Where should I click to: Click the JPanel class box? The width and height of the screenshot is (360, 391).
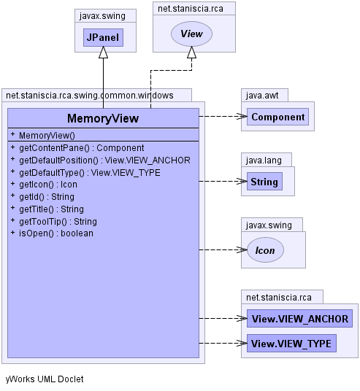coord(103,37)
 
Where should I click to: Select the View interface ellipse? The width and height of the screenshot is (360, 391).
coord(191,34)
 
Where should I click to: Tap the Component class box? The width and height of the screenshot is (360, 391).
coord(277,117)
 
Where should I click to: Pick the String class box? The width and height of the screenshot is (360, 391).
coord(264,182)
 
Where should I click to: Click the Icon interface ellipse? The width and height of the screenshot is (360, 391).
coord(265,250)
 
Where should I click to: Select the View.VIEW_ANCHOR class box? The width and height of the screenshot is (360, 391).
coord(299,319)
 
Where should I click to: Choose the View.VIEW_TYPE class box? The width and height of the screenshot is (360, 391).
coord(291,344)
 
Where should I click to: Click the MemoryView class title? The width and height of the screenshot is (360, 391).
coord(103,118)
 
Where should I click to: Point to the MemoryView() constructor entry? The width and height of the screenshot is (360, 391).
coord(42,135)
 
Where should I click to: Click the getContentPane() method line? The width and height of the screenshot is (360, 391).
coord(77,147)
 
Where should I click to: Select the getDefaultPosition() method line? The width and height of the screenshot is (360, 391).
coord(100,160)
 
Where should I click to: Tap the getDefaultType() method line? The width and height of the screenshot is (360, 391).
coord(85,173)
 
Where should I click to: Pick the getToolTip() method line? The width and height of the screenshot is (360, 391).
coord(54,222)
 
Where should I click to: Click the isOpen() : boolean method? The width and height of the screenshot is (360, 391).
coord(52,233)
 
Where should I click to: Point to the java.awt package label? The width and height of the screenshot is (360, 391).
coord(262,96)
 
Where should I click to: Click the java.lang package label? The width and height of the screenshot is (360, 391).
coord(264,160)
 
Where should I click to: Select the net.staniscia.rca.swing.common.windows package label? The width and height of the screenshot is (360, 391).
coord(90,96)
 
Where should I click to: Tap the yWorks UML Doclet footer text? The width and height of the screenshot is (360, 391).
coord(45,379)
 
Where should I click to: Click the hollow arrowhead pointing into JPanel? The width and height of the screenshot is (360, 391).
coord(104,52)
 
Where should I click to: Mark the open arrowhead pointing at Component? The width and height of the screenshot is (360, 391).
coord(241,116)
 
